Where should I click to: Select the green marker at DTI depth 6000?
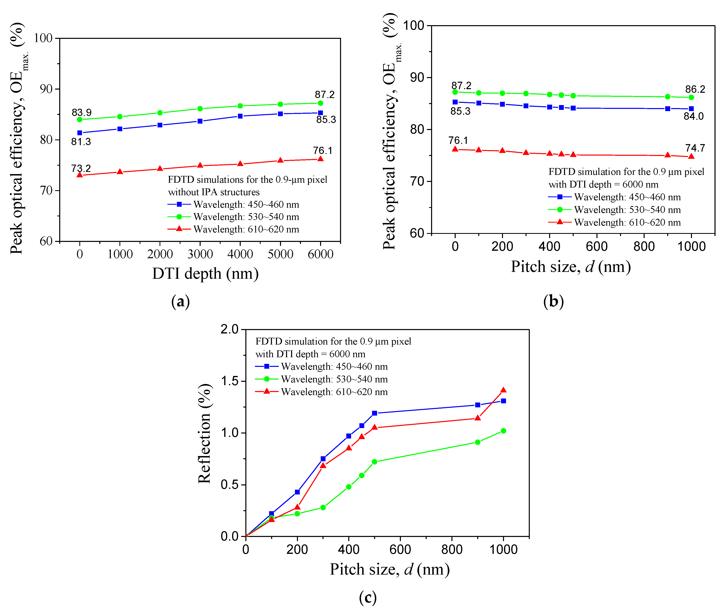coord(320,103)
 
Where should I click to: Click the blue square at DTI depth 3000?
coord(200,121)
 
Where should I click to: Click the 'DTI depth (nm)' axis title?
coord(205,274)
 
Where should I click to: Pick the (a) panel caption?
coord(180,301)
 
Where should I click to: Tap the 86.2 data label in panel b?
coord(695,89)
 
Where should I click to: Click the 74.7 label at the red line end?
coord(695,148)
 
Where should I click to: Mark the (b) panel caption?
coord(553,301)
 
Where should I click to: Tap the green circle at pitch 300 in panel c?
coord(323,507)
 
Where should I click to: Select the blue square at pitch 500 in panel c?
coord(374,413)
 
